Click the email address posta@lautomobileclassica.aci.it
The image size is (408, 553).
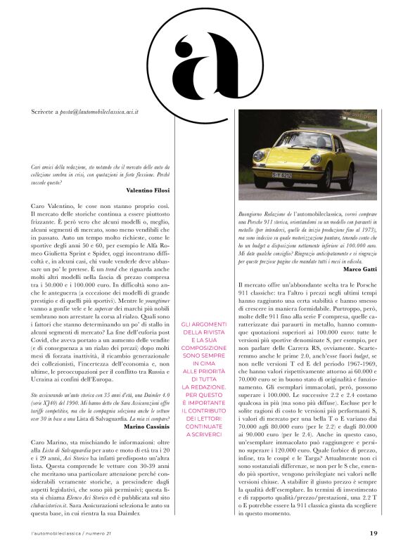[x=98, y=110]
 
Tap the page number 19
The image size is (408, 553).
[x=374, y=532]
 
